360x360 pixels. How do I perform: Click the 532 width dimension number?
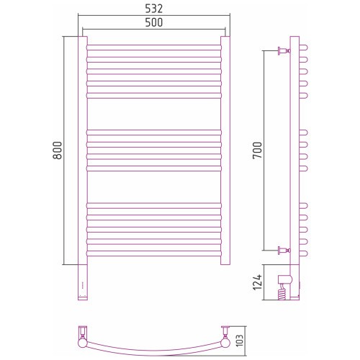point(154,9)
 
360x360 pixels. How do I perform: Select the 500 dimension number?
point(154,22)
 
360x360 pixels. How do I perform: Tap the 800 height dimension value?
point(58,150)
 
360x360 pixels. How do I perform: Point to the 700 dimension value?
point(257,150)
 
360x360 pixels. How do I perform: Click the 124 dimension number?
point(258,282)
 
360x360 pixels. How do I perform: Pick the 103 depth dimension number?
point(240,341)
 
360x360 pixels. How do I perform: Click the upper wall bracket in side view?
point(284,50)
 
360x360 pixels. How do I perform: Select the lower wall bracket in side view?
point(284,251)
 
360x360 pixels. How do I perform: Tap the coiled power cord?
point(283,292)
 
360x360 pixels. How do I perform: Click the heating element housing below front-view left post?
point(83,282)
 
